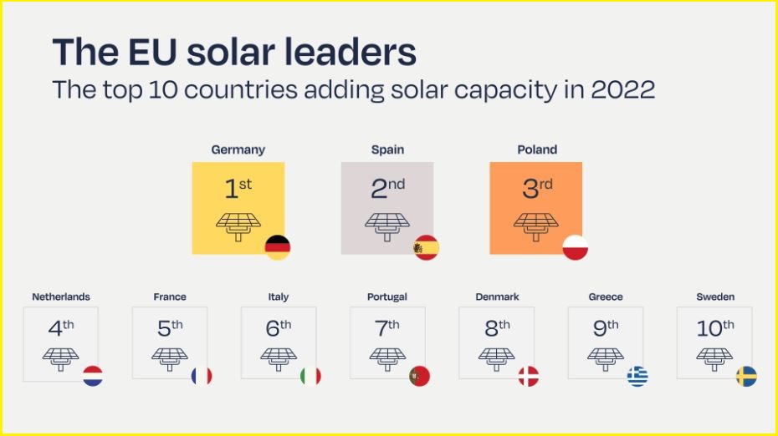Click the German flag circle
278,247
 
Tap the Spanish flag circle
426,247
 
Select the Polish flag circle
575,247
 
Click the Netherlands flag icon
93,376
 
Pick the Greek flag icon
637,376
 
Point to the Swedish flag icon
746,376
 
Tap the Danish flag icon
529,376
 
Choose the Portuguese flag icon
419,376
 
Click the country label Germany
238,150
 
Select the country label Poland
537,150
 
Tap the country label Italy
279,297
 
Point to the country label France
170,297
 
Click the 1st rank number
238,189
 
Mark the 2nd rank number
387,189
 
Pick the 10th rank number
715,328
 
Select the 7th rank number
387,328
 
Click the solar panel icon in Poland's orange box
535,226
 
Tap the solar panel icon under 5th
170,358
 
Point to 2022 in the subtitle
622,89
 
